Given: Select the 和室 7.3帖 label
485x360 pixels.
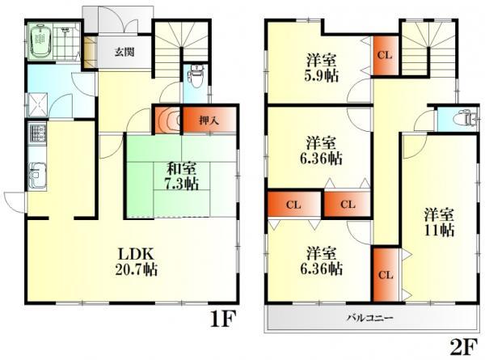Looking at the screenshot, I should click(x=182, y=176).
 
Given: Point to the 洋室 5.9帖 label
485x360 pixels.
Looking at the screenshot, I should click(x=321, y=67).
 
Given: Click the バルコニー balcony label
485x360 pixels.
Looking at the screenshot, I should click(x=370, y=317).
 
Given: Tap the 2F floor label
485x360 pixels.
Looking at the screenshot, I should click(x=462, y=346).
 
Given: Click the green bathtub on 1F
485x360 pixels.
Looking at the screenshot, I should click(x=40, y=42).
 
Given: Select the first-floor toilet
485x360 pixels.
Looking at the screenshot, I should click(x=195, y=79).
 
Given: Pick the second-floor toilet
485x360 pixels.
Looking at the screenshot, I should click(x=462, y=118).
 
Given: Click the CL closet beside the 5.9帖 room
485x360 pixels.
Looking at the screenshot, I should click(x=385, y=54).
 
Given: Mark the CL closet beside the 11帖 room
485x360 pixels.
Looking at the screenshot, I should click(x=385, y=274).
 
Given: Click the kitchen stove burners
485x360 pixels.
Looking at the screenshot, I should click(x=36, y=133).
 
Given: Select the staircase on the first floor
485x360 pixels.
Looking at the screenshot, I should click(x=174, y=49).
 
